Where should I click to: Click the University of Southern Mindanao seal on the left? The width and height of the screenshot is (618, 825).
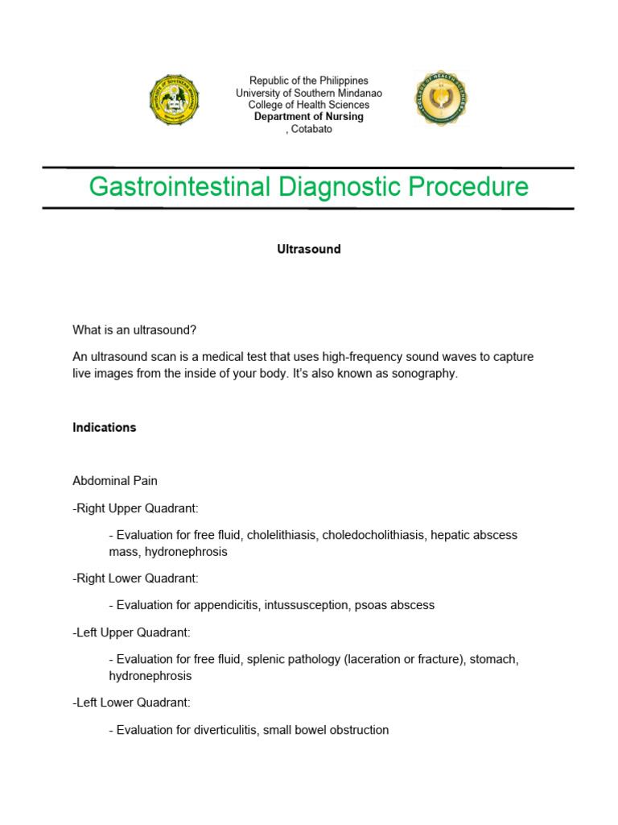(175, 99)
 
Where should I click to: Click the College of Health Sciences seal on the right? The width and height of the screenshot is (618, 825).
(441, 98)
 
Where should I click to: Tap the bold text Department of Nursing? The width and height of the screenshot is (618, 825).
(309, 117)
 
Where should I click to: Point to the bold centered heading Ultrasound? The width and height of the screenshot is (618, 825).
(309, 250)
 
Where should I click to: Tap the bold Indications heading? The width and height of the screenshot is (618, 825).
(105, 428)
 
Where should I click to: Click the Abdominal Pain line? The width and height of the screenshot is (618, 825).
(115, 481)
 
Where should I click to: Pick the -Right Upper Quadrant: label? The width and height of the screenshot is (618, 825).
(135, 508)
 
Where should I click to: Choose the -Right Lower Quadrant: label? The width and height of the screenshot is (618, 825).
(135, 578)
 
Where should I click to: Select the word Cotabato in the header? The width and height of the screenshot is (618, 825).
(312, 129)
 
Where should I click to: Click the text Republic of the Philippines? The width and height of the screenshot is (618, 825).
(309, 81)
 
